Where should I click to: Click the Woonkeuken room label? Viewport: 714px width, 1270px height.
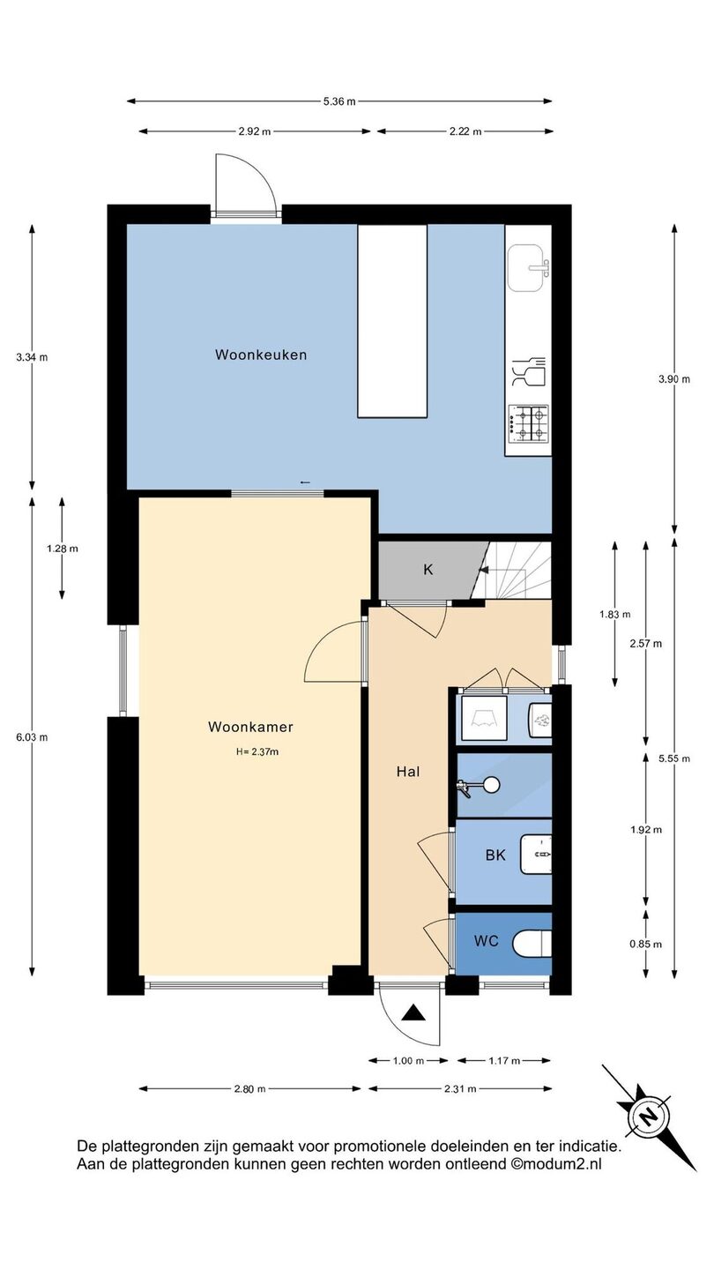point(261,355)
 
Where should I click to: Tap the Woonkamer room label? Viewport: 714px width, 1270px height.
point(250,727)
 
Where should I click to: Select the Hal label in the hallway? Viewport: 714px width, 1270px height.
point(408,772)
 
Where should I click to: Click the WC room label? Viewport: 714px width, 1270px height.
point(487,941)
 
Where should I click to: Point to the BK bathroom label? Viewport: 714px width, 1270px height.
point(495,855)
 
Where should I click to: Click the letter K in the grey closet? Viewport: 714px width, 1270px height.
point(428,569)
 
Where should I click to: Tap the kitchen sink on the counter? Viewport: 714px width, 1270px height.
point(529,267)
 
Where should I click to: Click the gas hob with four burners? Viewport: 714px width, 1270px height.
point(529,423)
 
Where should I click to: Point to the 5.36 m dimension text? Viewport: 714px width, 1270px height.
point(339,101)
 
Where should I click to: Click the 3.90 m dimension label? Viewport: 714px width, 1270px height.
point(674,379)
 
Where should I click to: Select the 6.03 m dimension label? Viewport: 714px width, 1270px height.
point(32,737)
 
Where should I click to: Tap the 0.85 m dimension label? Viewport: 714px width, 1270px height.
point(645,944)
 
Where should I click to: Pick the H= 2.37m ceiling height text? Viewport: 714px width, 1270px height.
point(257,752)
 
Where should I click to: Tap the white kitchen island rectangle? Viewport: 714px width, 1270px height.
point(392,321)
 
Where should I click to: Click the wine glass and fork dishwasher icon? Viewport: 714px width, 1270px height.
point(528,372)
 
